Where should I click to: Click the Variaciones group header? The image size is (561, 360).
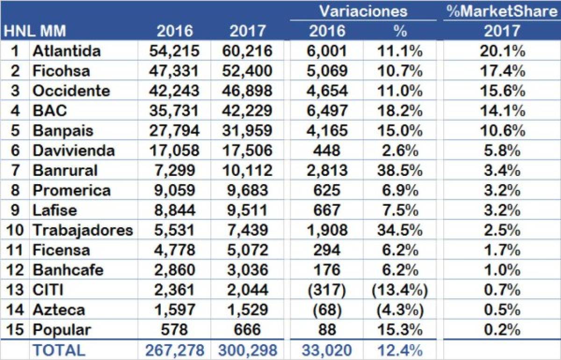tap(363, 11)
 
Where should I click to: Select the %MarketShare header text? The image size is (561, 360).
tap(501, 11)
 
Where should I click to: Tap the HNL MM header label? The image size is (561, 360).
tap(35, 31)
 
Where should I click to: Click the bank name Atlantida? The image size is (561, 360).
tap(66, 51)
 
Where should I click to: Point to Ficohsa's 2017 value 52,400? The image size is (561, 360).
tap(247, 71)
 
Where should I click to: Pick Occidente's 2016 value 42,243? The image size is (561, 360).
tap(174, 91)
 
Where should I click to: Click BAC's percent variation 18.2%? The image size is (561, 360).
tap(400, 111)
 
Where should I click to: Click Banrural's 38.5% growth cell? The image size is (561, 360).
tap(400, 170)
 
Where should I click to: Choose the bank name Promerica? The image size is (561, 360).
tap(72, 190)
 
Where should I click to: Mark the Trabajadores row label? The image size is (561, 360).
tap(82, 230)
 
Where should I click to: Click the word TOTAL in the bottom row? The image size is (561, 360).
tap(58, 350)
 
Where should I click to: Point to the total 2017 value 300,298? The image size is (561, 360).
tap(247, 350)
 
